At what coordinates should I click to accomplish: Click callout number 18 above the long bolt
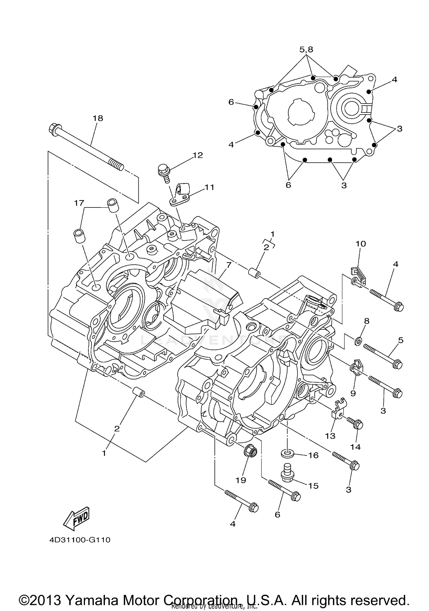click(x=98, y=118)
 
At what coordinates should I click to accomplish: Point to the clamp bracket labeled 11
click(x=181, y=194)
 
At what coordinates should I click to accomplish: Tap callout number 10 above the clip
click(x=361, y=244)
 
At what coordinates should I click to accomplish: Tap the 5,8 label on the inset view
click(x=306, y=50)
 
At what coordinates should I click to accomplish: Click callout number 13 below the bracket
click(x=330, y=436)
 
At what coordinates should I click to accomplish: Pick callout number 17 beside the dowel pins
click(x=79, y=203)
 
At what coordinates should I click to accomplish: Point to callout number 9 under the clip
click(x=353, y=393)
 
